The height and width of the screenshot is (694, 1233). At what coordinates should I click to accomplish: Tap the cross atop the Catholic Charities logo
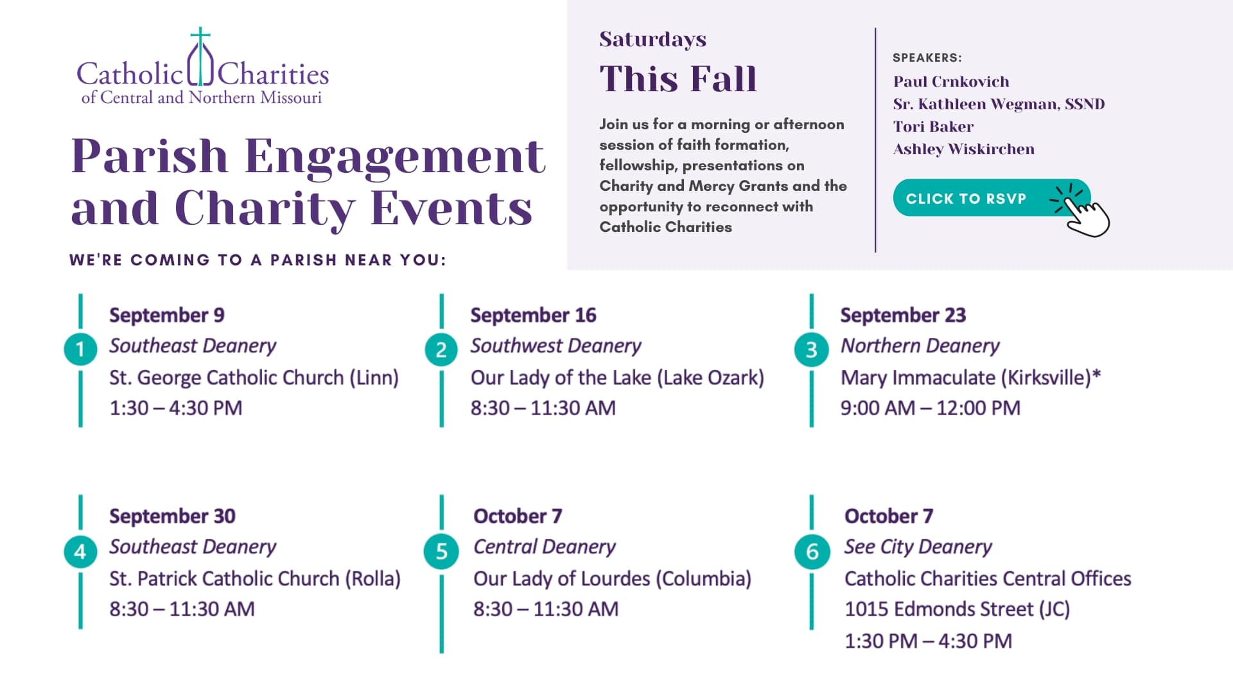200,39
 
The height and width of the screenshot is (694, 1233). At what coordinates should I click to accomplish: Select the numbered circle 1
80,349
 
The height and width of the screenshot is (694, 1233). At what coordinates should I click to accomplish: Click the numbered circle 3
812,349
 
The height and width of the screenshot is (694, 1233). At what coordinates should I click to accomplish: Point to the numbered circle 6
812,551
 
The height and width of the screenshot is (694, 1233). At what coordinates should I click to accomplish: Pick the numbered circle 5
441,551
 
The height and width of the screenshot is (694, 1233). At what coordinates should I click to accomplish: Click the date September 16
533,315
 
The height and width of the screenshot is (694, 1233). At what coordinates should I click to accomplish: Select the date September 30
172,516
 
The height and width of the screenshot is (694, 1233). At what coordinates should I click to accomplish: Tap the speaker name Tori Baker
933,127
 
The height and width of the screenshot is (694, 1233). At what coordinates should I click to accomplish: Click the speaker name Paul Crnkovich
951,82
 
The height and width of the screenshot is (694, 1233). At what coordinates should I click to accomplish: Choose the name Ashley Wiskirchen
964,149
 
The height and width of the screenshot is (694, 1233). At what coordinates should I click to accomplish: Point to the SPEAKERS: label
927,58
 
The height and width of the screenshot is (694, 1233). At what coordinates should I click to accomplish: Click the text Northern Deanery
920,346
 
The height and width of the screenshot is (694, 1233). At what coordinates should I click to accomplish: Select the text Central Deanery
545,547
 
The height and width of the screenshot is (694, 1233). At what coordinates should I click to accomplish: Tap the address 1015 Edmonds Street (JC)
957,609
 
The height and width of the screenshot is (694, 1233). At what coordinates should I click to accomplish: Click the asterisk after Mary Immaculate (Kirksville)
1096,373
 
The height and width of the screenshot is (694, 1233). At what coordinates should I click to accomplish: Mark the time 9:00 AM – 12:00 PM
931,408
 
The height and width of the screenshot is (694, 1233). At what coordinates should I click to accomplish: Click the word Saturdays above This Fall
652,39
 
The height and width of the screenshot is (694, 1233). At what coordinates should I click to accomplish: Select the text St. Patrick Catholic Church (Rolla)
255,579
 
